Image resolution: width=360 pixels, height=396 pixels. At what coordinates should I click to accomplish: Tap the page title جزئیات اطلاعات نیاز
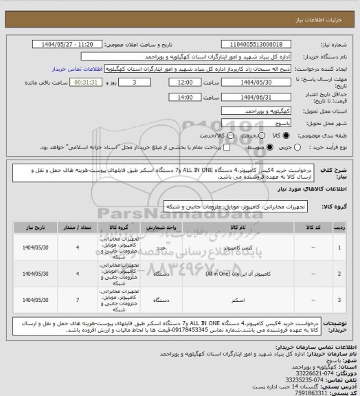tap(327, 7)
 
